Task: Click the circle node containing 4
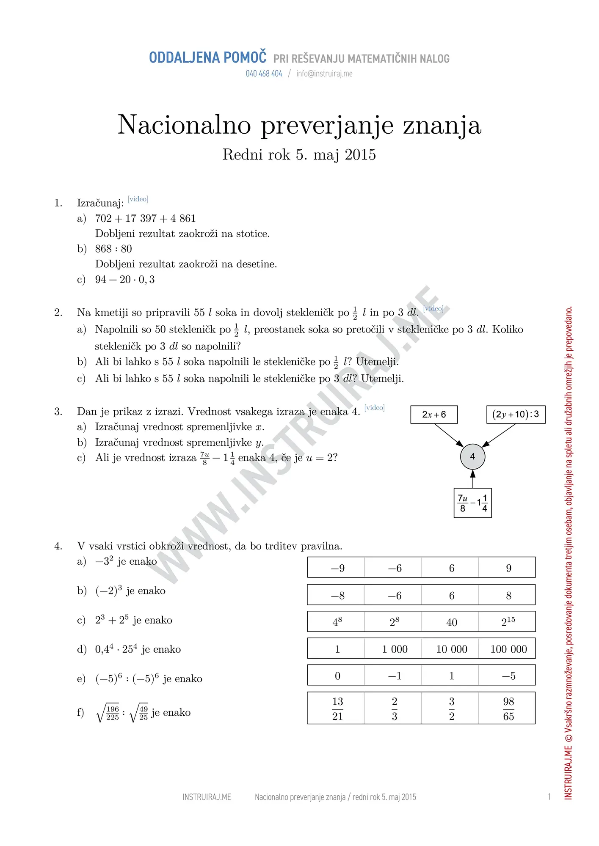(472, 456)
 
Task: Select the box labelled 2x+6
(434, 415)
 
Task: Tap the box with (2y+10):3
(516, 415)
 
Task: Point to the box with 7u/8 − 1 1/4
(472, 503)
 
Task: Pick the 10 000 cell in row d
(452, 649)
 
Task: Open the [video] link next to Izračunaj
(138, 199)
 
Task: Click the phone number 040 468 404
(264, 74)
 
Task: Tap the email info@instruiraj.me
(324, 74)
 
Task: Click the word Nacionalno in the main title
(184, 125)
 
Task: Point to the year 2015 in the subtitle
(360, 155)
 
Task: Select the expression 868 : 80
(113, 249)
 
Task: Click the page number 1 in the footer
(549, 797)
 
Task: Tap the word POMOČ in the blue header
(245, 58)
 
